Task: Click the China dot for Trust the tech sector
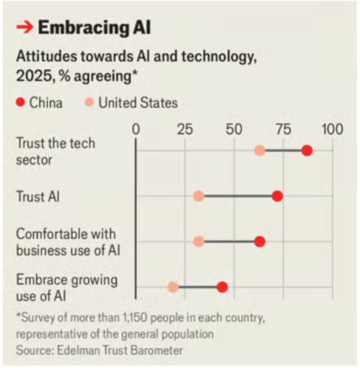point(307,150)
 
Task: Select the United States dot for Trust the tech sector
point(259,150)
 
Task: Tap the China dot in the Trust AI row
point(277,196)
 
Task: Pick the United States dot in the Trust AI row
point(199,196)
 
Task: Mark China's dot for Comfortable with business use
point(259,241)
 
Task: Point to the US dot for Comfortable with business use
point(199,241)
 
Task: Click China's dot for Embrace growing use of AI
point(222,287)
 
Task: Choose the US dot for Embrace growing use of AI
point(173,287)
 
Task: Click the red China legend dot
point(21,103)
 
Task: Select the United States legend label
point(138,103)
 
